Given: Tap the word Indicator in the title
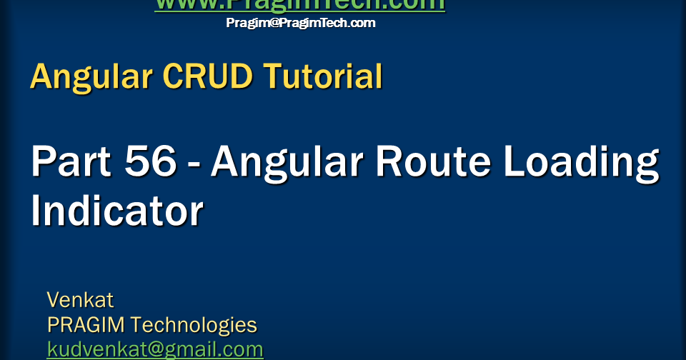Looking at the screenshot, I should [117, 211].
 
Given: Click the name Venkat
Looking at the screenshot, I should [80, 299].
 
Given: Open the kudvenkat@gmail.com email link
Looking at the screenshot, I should [155, 349].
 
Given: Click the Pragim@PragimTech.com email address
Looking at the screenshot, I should [300, 23].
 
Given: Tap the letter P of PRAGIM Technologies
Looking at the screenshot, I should [53, 325].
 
